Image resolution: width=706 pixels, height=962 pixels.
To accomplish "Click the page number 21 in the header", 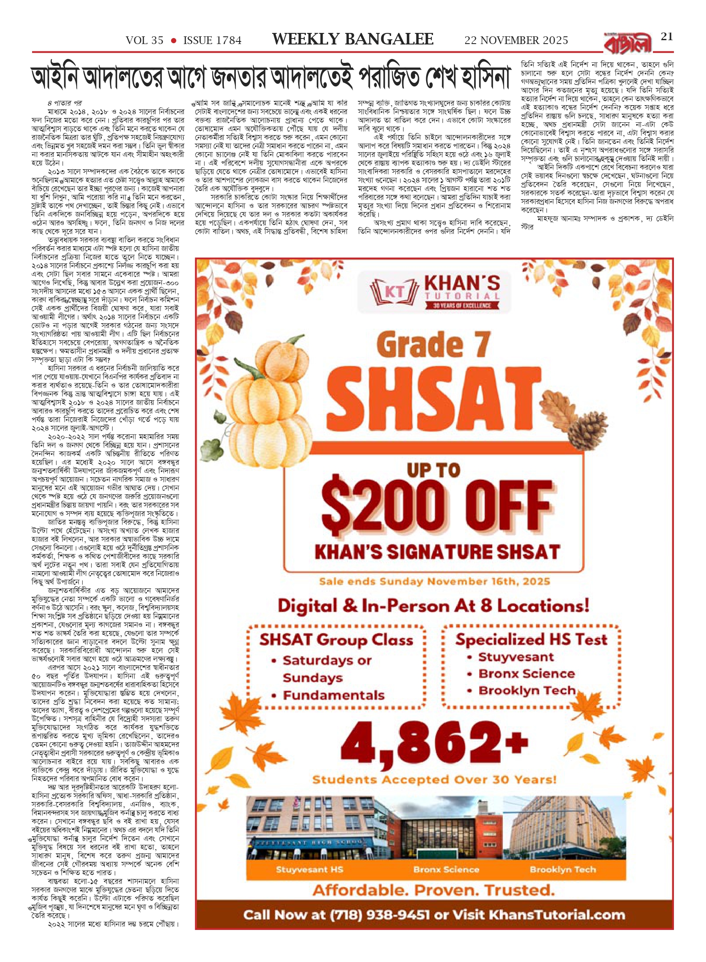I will coord(667,37).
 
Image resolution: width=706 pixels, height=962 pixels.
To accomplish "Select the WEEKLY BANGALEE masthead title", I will coord(353,40).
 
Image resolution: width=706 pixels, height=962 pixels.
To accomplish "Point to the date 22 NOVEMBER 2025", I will coord(516,41).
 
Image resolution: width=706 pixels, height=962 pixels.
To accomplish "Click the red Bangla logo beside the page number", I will coord(628,43).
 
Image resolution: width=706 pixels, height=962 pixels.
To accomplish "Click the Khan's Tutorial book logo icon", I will coord(394,291).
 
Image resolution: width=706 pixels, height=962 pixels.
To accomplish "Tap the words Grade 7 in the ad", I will coord(433,345).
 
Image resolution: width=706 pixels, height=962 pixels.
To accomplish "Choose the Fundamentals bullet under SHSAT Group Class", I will coord(334,696).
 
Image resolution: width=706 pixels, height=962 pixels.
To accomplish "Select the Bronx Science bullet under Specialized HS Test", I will coord(526,674).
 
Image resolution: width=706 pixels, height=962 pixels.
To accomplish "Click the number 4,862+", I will coord(434,744).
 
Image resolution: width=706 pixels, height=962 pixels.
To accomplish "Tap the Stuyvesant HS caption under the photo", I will coord(309,870).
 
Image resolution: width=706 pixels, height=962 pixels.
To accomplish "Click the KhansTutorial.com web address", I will coord(557,915).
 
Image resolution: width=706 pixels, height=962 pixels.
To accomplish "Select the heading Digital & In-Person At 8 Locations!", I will coord(433,606).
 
